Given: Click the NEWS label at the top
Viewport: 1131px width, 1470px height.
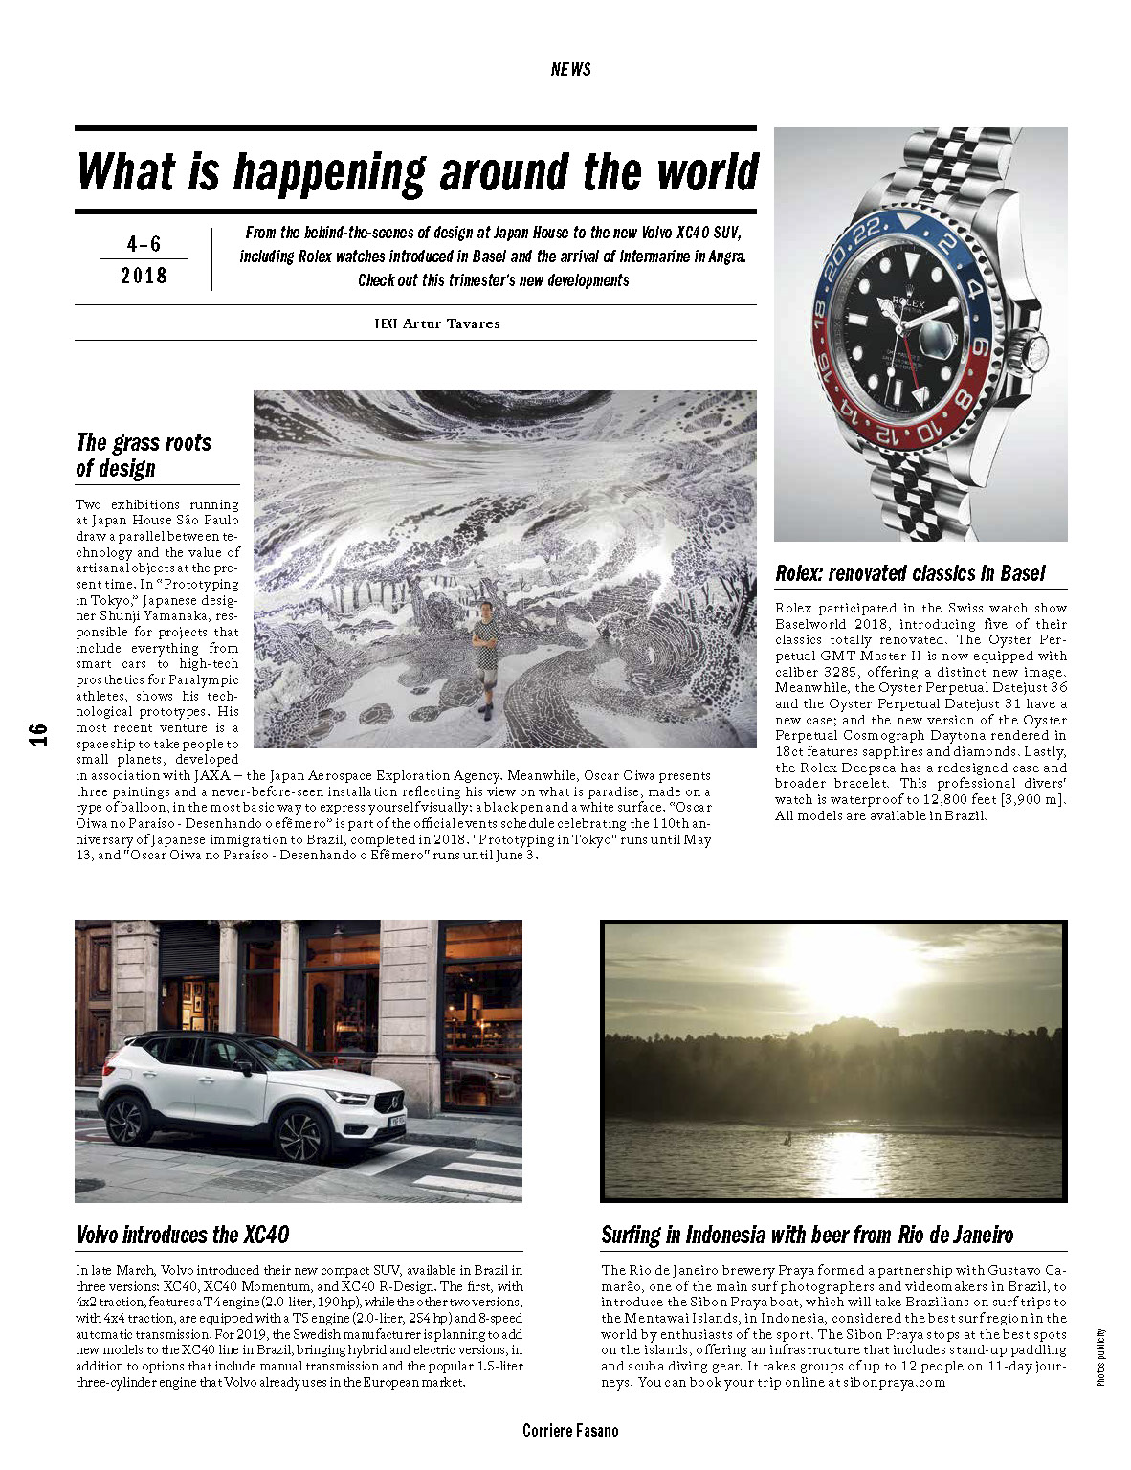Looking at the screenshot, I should [x=570, y=69].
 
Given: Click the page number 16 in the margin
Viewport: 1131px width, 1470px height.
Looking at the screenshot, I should [x=37, y=734].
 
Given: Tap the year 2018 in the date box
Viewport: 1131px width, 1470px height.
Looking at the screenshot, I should [x=144, y=277].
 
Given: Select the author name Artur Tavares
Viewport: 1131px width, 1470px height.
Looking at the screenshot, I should [x=451, y=323].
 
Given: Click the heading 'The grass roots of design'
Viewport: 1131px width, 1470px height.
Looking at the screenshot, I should [x=143, y=456].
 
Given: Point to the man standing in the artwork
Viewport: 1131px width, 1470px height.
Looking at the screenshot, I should [x=487, y=657].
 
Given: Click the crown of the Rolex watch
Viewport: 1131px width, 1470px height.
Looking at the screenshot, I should [x=1034, y=351].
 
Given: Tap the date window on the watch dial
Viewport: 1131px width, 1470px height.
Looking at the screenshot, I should [x=936, y=338].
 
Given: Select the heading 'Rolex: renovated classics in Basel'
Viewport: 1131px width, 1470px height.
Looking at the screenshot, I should [x=910, y=573].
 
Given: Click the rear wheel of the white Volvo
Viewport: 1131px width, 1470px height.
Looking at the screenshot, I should [x=128, y=1119].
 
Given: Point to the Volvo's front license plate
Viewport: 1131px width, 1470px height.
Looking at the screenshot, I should [x=397, y=1119].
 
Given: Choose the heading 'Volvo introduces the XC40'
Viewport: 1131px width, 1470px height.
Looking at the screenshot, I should [x=183, y=1235].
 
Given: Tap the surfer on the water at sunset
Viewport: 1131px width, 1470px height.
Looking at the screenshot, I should [x=787, y=1139].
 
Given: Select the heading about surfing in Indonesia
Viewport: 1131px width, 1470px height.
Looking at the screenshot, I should [x=807, y=1235].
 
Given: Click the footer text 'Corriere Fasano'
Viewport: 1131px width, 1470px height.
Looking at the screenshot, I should [x=570, y=1431].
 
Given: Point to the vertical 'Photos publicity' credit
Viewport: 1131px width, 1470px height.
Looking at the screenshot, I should [x=1100, y=1357].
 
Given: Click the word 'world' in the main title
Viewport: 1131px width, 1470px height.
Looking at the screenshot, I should [x=708, y=173].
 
